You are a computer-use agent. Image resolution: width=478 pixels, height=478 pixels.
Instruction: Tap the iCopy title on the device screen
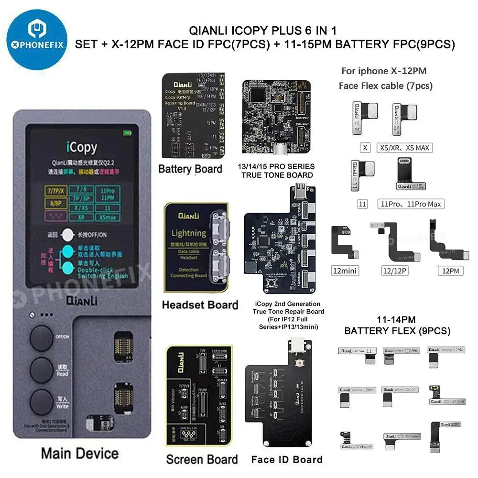[x=81, y=147]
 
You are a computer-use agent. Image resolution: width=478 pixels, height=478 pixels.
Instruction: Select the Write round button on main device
[x=42, y=402]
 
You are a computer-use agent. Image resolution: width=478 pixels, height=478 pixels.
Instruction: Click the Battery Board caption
[x=190, y=169]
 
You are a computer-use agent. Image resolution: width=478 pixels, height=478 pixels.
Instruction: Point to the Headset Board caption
[x=199, y=304]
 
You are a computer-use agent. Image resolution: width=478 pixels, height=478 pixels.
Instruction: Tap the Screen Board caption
[x=202, y=459]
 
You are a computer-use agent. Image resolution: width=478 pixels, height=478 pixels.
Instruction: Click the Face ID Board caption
[x=286, y=460]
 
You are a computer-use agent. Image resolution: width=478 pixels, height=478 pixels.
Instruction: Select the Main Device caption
[x=80, y=453]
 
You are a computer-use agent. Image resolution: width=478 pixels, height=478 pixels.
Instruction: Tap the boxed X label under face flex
[x=365, y=148]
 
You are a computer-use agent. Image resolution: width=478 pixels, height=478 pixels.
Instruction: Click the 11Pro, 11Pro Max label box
[x=411, y=204]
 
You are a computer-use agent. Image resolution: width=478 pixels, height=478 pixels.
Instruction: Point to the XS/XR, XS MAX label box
[x=404, y=148]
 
